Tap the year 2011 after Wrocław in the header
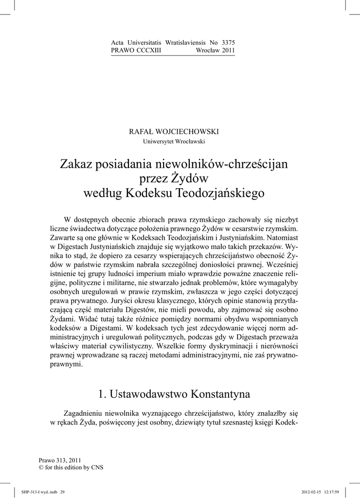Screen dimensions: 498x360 [228, 51]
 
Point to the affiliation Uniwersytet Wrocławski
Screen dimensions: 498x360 [174, 142]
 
